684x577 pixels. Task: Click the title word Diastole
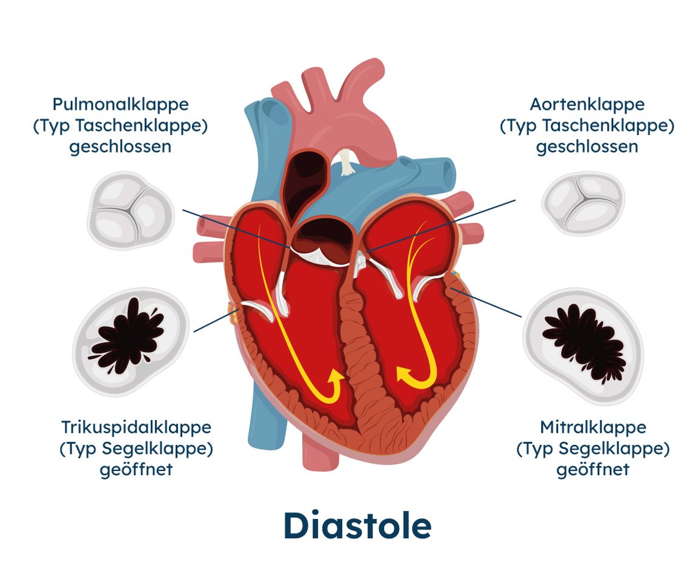tap(357, 525)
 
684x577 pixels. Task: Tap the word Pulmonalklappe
tap(121, 105)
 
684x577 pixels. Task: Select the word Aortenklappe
tap(587, 105)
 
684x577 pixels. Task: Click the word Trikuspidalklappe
tap(136, 427)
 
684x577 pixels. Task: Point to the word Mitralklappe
tap(593, 427)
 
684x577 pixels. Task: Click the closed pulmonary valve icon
tap(130, 210)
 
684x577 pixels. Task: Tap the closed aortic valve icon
tap(583, 203)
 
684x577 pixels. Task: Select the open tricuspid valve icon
tap(130, 342)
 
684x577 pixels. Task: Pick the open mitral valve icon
tap(583, 345)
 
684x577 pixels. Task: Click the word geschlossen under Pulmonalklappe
tap(121, 147)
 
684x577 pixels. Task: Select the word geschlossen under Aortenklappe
tap(587, 147)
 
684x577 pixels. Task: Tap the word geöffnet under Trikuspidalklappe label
tap(136, 470)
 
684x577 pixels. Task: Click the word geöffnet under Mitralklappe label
tap(593, 470)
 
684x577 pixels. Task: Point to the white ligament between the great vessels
tap(346, 161)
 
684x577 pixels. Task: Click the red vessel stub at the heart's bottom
tap(320, 454)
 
